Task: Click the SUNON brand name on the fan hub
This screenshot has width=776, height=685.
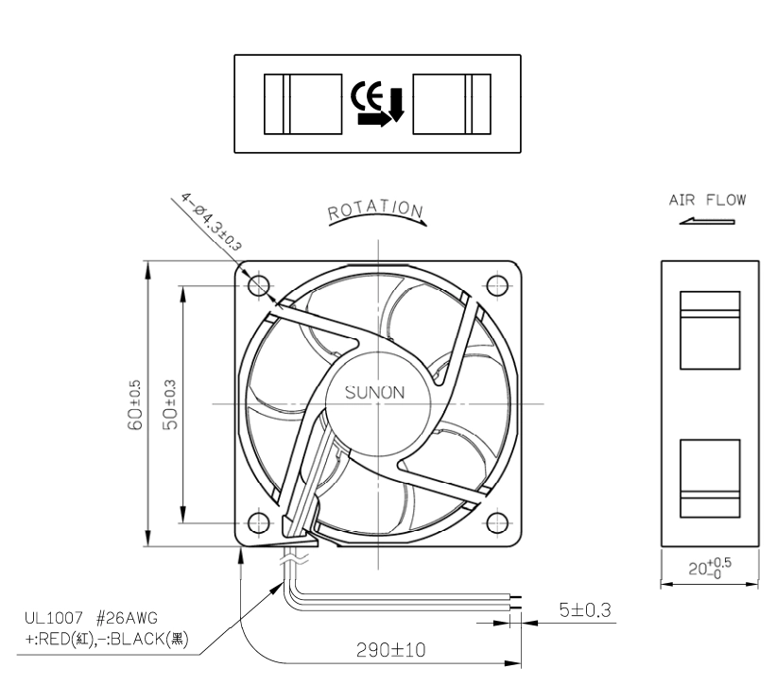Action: tap(374, 393)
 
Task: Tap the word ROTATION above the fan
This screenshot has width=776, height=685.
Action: tap(375, 209)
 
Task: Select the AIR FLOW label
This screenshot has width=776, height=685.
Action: tap(707, 199)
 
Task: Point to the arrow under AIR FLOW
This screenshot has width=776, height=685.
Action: tap(707, 221)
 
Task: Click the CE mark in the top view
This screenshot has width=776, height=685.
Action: tap(367, 95)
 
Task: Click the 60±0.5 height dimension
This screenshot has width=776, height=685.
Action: tap(135, 404)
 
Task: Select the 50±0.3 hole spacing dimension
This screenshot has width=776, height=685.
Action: tap(169, 404)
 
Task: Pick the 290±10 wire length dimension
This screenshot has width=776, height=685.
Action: tap(391, 650)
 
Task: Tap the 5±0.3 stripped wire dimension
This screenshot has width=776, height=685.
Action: tap(585, 609)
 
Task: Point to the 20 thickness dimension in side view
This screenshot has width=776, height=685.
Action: tap(710, 568)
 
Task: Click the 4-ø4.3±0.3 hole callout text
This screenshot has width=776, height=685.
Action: tap(211, 222)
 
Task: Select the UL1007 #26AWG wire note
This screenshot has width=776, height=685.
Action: tap(91, 618)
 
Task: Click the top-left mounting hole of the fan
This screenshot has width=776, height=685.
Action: tap(258, 285)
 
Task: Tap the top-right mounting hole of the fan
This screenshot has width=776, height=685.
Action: tap(497, 285)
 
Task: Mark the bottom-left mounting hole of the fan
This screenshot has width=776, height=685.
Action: tap(258, 523)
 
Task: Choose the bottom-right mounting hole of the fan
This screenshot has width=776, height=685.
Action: tap(497, 523)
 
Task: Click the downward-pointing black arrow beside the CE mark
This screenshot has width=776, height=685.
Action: tap(397, 105)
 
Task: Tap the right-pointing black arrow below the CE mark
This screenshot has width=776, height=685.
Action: tap(374, 119)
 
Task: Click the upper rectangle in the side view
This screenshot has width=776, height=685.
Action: tap(710, 331)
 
